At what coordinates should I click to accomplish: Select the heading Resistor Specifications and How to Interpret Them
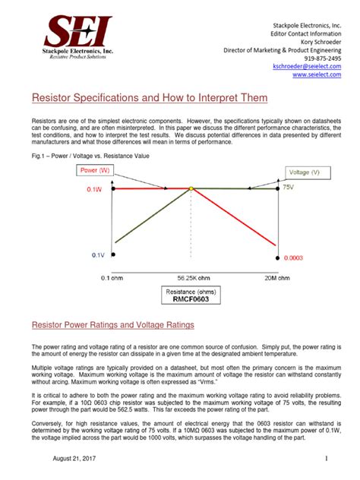click(x=150, y=99)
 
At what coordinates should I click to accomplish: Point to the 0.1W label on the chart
click(x=97, y=188)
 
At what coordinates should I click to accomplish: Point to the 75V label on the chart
click(x=289, y=187)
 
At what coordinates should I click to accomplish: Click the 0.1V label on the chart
click(x=97, y=255)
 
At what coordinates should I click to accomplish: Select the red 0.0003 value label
click(x=294, y=258)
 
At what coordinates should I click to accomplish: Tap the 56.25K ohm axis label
click(x=191, y=277)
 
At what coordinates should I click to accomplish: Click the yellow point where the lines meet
click(x=191, y=188)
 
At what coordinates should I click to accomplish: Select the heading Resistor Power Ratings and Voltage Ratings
click(x=113, y=325)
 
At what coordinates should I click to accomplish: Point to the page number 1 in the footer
click(x=325, y=460)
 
